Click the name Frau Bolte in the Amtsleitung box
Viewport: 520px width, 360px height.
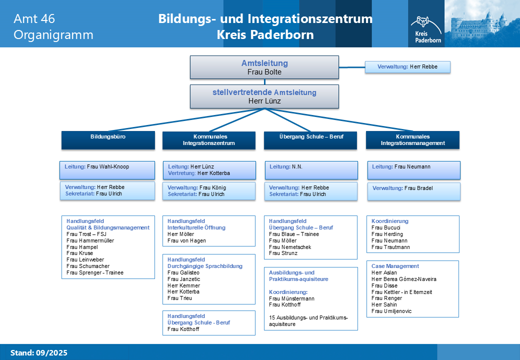click(x=264, y=72)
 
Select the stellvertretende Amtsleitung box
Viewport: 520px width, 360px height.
click(x=264, y=96)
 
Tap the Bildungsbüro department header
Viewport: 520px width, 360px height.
click(x=107, y=139)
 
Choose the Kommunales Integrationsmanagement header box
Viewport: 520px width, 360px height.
click(x=412, y=139)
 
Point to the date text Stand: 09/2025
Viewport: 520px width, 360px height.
click(x=38, y=353)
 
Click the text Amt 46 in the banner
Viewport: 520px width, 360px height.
click(x=34, y=19)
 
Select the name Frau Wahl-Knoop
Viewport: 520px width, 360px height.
click(x=108, y=166)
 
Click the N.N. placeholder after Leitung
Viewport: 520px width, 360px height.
click(x=297, y=166)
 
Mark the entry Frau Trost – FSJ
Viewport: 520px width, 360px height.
click(x=86, y=234)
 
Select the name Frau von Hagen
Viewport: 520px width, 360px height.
click(x=186, y=240)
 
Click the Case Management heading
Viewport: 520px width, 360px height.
click(x=395, y=266)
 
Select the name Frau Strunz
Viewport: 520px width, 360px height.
click(x=283, y=253)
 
